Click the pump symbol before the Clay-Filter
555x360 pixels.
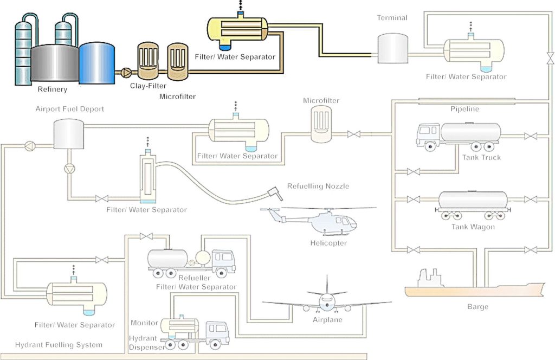(126, 71)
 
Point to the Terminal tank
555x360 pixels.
(392, 48)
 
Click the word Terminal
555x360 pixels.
(392, 18)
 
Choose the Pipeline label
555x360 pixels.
(465, 109)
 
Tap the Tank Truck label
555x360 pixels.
(481, 158)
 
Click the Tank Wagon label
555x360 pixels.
(473, 227)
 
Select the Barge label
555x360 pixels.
(477, 307)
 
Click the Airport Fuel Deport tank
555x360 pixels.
(68, 134)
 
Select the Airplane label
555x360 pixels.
(327, 320)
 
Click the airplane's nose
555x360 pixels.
(327, 302)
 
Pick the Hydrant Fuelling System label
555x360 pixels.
(59, 345)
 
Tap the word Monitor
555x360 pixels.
(144, 323)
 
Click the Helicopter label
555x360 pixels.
(328, 243)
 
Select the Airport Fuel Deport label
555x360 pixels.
(70, 109)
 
